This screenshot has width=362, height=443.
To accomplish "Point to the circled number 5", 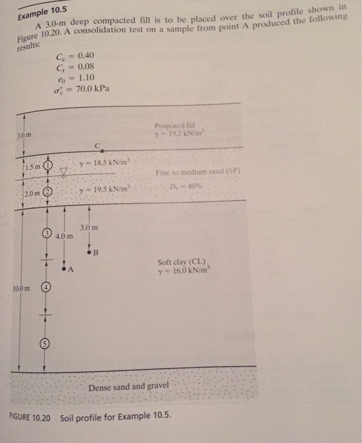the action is point(46,343).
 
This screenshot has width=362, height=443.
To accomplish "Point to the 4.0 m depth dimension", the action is point(64,236).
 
